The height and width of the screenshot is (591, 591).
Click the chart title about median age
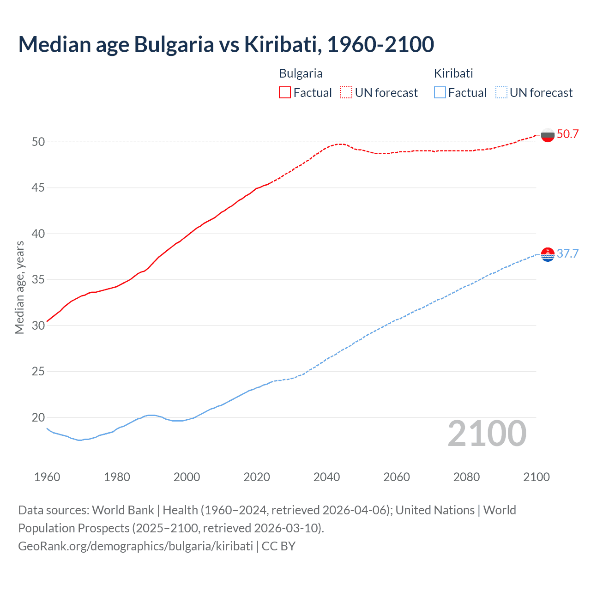point(226,44)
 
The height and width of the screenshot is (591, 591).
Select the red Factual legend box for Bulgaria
point(285,93)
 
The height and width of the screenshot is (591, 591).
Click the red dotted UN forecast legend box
point(346,93)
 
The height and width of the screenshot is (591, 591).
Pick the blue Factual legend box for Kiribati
point(440,93)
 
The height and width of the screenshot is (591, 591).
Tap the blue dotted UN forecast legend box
point(501,93)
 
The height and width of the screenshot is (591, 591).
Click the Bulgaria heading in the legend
point(301,73)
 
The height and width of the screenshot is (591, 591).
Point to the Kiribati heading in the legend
point(453,73)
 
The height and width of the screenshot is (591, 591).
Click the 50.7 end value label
point(567,134)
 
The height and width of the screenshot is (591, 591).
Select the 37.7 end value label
point(567,254)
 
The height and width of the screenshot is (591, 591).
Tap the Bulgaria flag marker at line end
point(548,135)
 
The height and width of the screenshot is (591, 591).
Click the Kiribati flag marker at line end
point(548,254)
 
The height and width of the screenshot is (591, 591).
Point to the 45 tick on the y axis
point(38,188)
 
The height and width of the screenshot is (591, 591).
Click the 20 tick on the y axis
point(38,417)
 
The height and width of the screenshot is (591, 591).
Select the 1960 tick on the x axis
point(47,477)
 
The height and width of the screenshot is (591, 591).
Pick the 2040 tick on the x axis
point(326,477)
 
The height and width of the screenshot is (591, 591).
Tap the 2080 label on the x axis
point(466,477)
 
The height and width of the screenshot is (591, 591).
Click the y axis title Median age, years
point(19,287)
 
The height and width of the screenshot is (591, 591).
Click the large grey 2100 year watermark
point(487,433)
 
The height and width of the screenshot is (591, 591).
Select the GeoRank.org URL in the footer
point(135,546)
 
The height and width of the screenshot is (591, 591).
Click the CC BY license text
point(278,546)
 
